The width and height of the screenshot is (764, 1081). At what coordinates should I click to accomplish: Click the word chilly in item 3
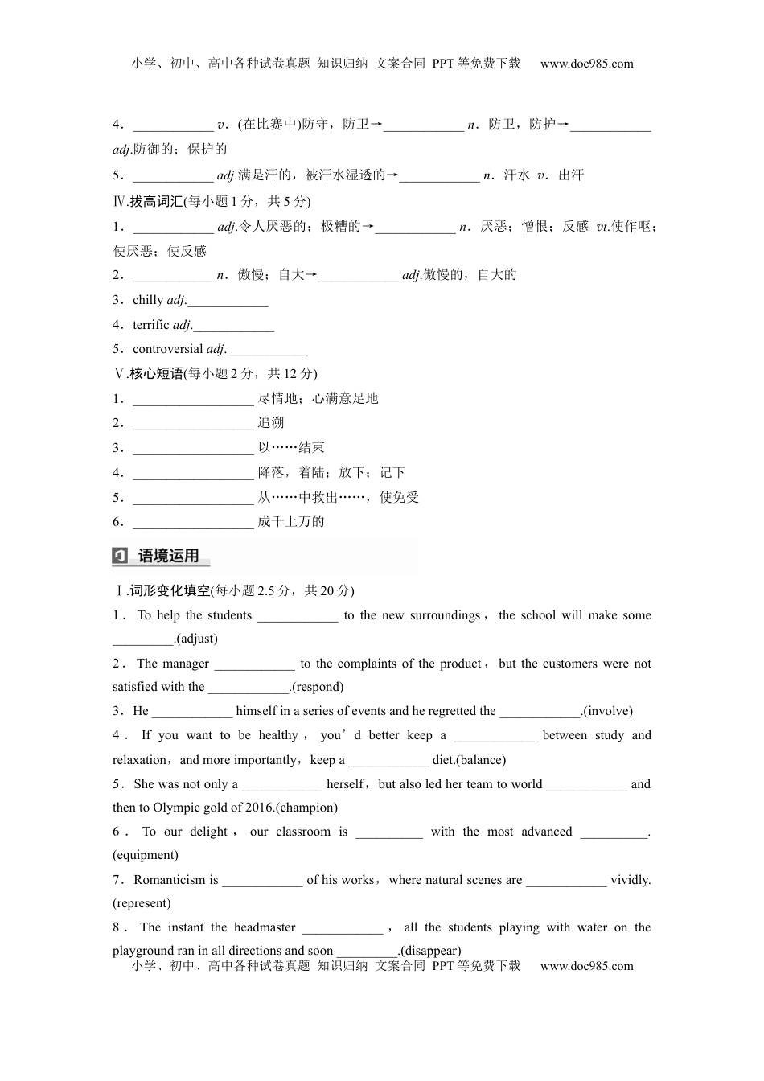tap(148, 300)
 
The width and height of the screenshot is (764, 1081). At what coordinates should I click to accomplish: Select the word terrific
tap(151, 325)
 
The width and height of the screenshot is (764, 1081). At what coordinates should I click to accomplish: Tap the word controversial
tap(168, 349)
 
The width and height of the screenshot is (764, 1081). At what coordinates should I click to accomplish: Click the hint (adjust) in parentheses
tap(196, 639)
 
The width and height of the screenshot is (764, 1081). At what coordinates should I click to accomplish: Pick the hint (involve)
tap(609, 711)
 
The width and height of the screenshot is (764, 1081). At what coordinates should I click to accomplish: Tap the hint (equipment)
tap(146, 855)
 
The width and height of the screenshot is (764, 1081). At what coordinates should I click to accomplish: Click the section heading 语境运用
tap(169, 556)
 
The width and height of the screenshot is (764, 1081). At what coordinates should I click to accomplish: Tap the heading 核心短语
tap(156, 373)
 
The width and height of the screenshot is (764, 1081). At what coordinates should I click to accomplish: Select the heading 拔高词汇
tap(156, 201)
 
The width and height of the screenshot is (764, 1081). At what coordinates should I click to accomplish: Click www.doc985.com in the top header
tap(587, 64)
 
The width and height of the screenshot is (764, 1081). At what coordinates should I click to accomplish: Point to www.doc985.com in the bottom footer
tap(587, 966)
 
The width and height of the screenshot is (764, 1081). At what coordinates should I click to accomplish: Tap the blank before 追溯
tap(193, 424)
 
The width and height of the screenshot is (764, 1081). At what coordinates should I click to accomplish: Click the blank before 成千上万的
tap(193, 523)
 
